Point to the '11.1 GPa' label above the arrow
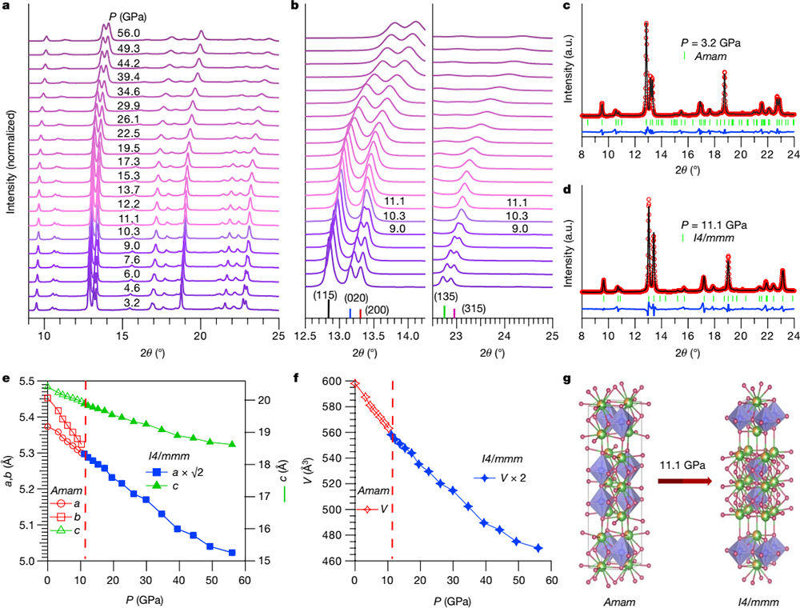tap(682, 465)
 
